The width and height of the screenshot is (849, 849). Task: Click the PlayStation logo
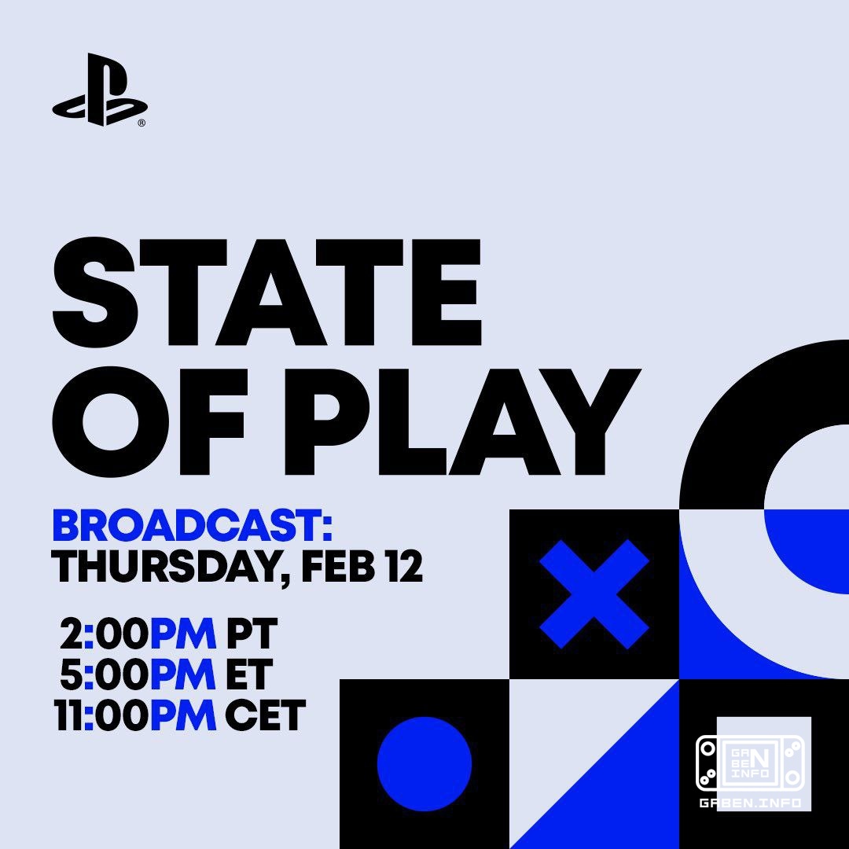point(99,90)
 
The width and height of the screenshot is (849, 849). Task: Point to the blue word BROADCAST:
point(192,527)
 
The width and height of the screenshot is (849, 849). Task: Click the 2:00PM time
point(138,634)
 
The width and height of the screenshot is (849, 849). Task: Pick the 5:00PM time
point(138,674)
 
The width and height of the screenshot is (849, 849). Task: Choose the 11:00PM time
point(135,715)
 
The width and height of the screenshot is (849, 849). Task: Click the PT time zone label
point(252,634)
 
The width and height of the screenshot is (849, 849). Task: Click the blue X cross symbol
point(594,594)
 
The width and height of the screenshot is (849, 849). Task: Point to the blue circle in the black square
point(424,763)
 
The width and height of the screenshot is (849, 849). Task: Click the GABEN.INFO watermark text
point(750,803)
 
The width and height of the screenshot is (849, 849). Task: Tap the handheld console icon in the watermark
point(750,763)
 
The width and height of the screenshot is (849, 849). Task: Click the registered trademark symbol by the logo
point(141,123)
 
